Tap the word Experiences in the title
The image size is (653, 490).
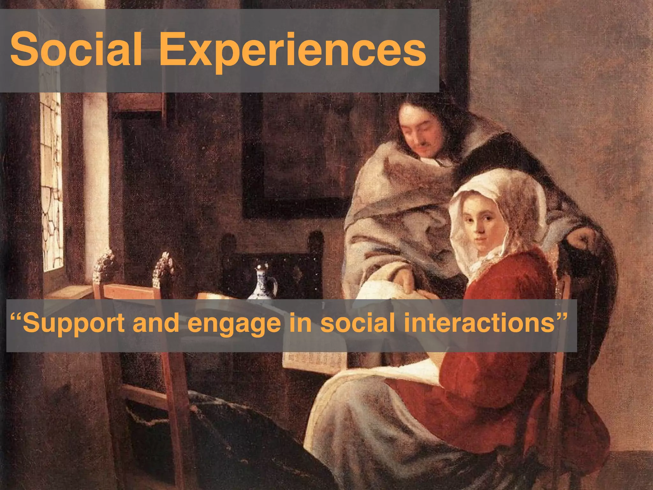(293, 51)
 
